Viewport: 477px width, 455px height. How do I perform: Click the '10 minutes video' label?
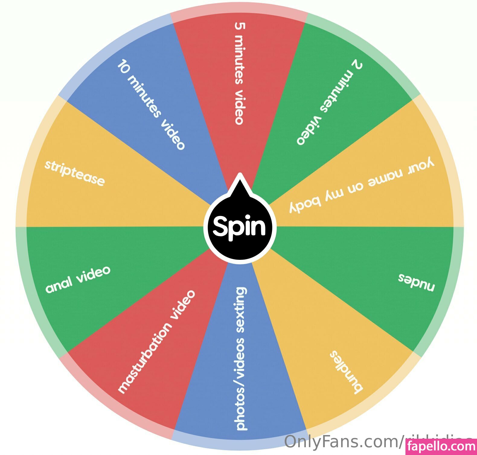click(x=151, y=105)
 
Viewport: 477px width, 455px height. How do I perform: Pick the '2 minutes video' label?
click(x=329, y=103)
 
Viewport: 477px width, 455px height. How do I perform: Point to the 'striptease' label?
click(x=75, y=173)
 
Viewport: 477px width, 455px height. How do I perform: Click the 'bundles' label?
click(x=346, y=372)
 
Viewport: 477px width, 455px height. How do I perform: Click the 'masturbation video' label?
click(x=156, y=342)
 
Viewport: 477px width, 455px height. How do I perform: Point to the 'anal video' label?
click(x=78, y=279)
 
